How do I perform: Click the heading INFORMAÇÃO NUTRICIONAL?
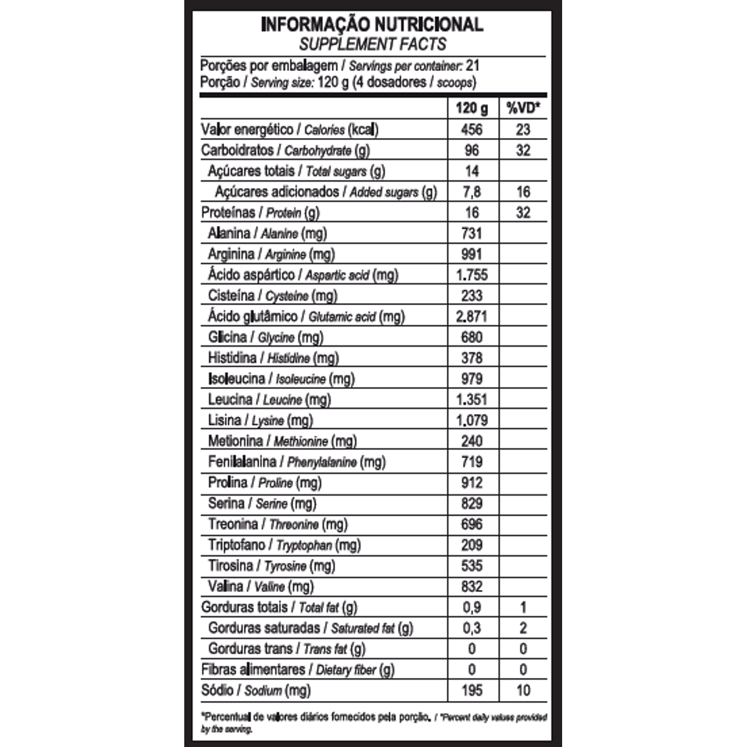point(372,24)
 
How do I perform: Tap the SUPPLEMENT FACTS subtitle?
point(372,44)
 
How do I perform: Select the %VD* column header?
point(523,108)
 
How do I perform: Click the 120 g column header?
point(472,108)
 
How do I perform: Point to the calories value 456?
point(472,129)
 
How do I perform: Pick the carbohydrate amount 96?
point(472,150)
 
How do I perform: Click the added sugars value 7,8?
point(472,192)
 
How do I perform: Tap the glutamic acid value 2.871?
point(472,316)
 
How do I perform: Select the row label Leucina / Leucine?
point(270,400)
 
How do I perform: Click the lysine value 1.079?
point(472,420)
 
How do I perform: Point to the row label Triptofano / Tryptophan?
point(284,545)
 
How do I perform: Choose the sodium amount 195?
point(472,690)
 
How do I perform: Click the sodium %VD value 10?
point(523,690)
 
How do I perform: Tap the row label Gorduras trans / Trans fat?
point(287,649)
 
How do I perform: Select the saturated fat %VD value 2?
point(523,628)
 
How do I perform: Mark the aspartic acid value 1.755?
point(472,275)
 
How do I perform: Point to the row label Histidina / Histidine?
point(273,358)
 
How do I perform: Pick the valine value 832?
point(472,586)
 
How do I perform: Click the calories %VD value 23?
point(523,129)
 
